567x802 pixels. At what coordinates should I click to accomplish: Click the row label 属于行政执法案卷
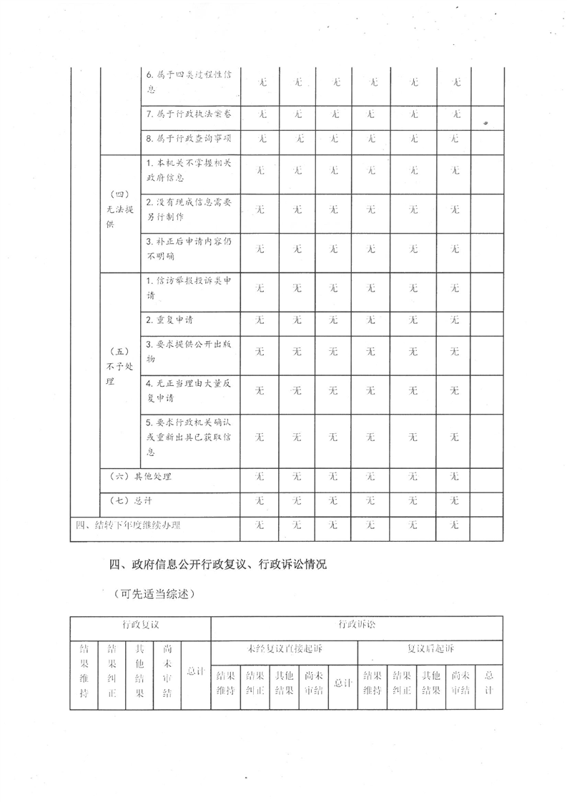[189, 114]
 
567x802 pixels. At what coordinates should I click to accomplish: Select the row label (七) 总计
[129, 500]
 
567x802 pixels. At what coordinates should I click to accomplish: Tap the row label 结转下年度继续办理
[128, 525]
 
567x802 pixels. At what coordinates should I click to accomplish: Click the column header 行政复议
[140, 625]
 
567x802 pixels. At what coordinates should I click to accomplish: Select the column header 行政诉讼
[356, 625]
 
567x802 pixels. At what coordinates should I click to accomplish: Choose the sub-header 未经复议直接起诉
[285, 649]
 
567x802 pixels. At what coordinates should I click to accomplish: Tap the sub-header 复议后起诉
[430, 649]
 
